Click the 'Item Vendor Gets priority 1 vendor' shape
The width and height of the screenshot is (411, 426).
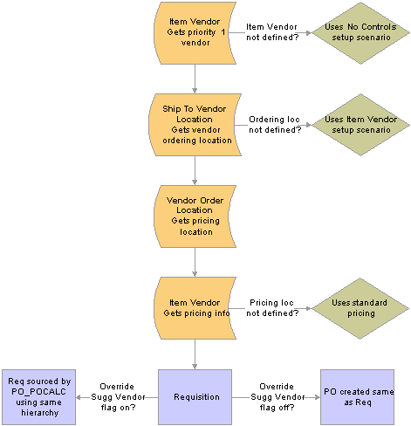click(195, 33)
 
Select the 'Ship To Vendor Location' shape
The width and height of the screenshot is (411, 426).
click(195, 125)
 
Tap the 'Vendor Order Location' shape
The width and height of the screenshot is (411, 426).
click(195, 216)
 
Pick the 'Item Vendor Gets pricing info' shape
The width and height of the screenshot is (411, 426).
click(195, 308)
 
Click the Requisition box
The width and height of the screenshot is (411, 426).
click(195, 397)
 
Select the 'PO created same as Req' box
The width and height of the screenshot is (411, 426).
click(357, 397)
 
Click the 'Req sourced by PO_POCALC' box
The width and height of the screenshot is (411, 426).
click(38, 397)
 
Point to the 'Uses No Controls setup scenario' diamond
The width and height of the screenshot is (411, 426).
click(360, 33)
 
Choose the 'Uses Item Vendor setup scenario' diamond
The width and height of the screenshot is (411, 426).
click(360, 125)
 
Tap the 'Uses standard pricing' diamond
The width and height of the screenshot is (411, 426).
click(360, 308)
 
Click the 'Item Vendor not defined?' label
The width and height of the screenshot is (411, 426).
click(272, 32)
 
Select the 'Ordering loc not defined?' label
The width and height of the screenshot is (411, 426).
click(275, 125)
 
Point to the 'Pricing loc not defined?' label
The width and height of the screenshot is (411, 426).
click(272, 308)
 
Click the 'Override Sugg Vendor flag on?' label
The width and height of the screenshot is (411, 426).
click(118, 397)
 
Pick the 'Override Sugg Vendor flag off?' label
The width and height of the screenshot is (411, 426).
click(277, 397)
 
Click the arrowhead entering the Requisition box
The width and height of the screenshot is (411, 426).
click(195, 367)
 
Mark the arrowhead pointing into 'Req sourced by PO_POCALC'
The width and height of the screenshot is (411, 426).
click(79, 397)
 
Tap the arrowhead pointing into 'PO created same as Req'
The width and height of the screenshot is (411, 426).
click(318, 397)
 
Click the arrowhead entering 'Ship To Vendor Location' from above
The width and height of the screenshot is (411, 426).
click(195, 91)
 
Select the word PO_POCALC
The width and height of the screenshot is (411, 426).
click(38, 392)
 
